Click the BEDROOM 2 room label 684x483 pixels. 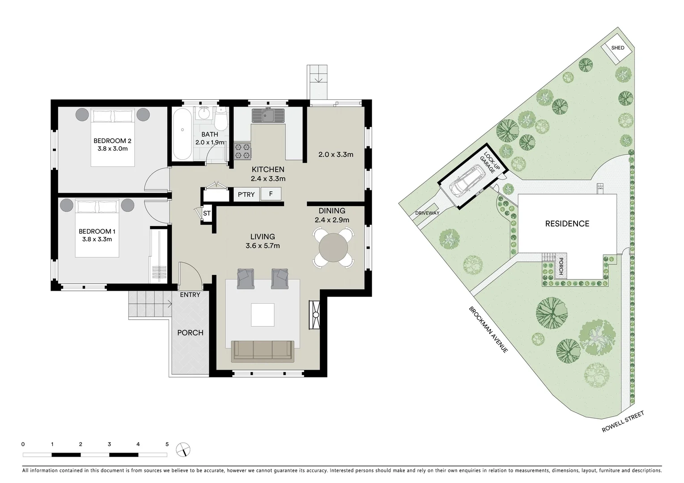point(113,141)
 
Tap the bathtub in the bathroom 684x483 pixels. point(182,133)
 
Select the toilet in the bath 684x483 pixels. point(221,119)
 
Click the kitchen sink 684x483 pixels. point(268,116)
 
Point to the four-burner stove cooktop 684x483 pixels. point(242,150)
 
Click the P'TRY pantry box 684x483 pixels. point(246,195)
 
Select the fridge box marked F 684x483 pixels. point(271,195)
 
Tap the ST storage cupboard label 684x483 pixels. point(207,213)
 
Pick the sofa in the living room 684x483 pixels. point(262,351)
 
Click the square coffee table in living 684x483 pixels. point(263,315)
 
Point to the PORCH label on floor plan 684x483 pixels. point(190,333)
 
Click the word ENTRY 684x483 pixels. point(190,295)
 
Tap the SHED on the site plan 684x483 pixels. point(618,48)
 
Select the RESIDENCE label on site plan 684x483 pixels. point(567,224)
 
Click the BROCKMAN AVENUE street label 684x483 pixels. point(488,330)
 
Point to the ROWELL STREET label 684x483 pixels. point(622,422)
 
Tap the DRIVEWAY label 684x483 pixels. point(427,213)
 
